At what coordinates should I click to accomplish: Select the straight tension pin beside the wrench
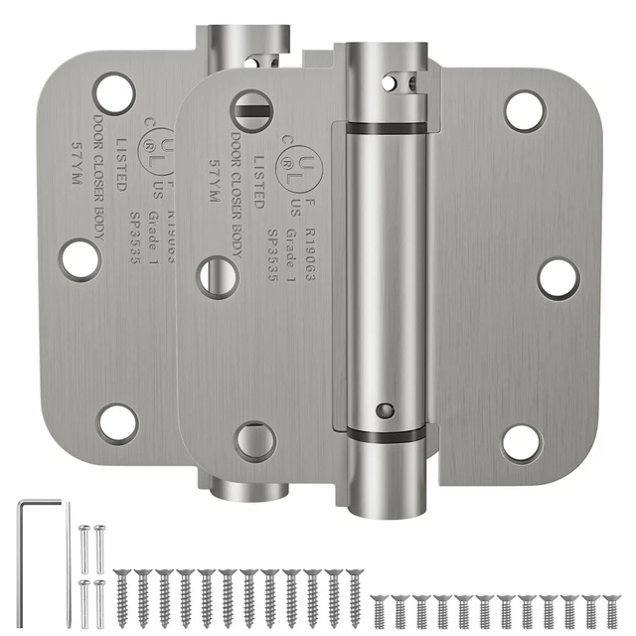point(69,556)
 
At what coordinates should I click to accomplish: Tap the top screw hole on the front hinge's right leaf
point(524,110)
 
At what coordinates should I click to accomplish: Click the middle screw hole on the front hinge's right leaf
point(557,278)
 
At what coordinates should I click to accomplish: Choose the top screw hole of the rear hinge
point(115,91)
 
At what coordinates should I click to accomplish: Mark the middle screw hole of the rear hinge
point(79,257)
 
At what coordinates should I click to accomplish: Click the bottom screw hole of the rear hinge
point(117,421)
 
